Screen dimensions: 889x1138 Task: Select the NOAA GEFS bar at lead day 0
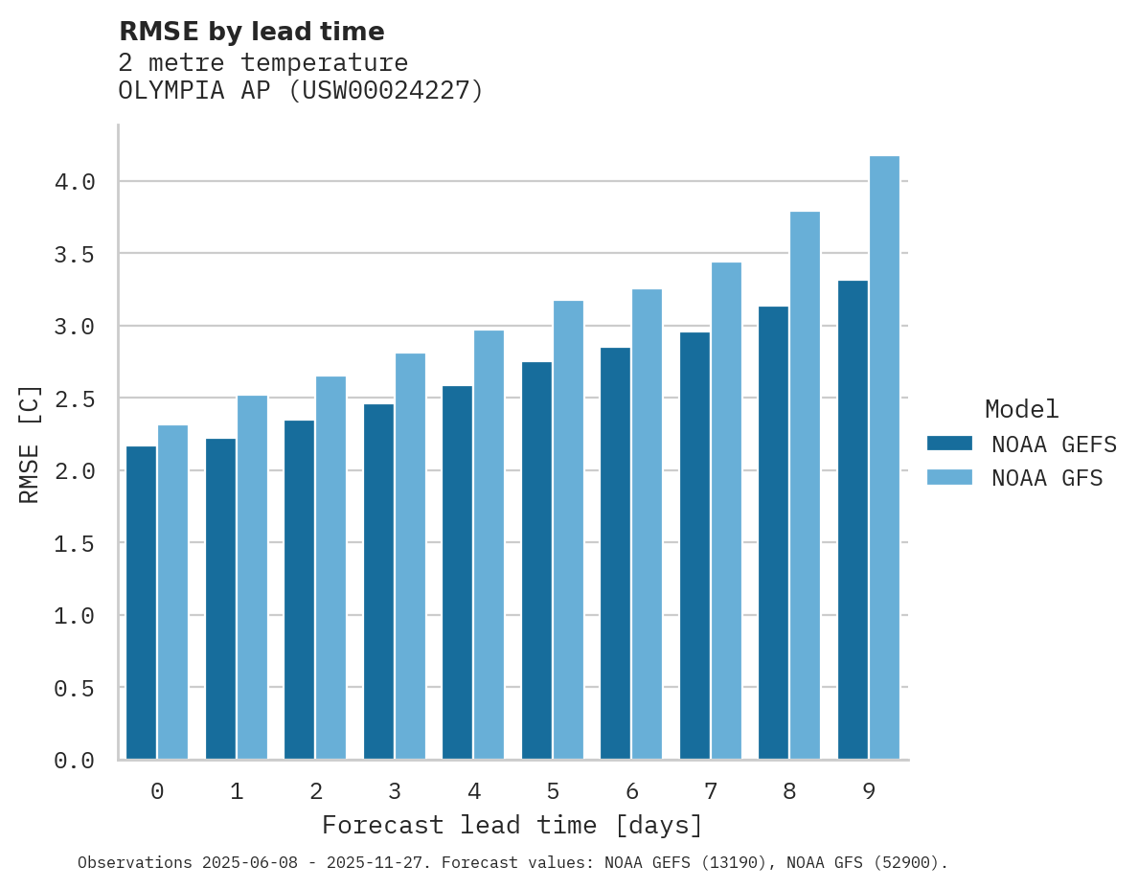pos(141,603)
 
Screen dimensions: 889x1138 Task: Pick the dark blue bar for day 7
pos(694,545)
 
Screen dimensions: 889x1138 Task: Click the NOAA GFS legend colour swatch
pos(949,477)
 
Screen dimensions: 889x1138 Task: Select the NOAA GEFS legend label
pos(1054,444)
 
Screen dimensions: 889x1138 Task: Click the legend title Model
pos(1021,409)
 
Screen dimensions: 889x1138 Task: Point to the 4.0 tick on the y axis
pos(75,182)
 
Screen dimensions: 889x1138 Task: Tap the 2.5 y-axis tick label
pos(75,399)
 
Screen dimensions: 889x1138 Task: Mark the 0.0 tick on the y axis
pos(75,761)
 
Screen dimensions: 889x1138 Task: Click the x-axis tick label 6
pos(632,791)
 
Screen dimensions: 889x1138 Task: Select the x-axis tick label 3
pos(395,791)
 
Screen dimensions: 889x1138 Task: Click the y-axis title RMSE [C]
pos(30,444)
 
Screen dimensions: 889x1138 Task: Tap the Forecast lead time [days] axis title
pos(512,825)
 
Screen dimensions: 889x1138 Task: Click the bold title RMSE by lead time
pos(251,32)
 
